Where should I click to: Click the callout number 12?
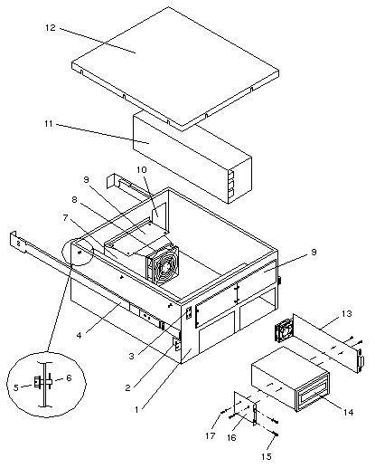51,28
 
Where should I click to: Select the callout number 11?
49,124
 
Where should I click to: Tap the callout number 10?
141,169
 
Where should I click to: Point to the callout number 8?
74,199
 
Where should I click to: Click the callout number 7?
65,217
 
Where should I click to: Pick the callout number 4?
79,335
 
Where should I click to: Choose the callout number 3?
131,356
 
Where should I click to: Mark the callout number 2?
127,387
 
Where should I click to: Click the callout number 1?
136,409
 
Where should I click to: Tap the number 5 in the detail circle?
16,387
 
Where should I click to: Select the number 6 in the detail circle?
69,377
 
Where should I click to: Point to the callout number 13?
347,314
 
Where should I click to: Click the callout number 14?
348,412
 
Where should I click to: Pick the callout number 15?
267,456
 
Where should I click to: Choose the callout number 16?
231,437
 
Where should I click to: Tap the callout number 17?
211,435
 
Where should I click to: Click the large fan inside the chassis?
163,264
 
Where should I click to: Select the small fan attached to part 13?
284,330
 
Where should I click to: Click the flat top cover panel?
175,68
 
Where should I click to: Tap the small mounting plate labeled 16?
246,408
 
